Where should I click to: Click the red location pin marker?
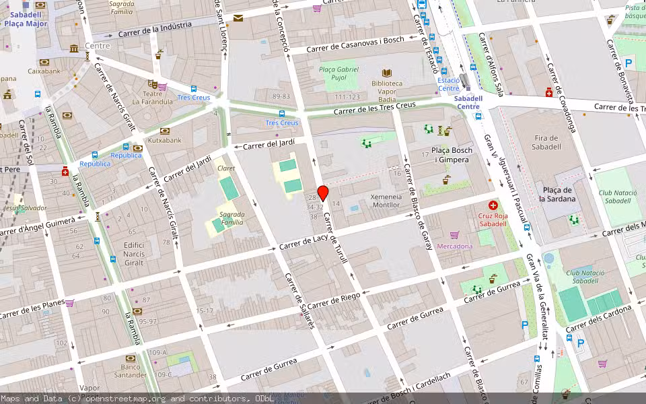[323, 193]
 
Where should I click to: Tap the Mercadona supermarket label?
[455, 246]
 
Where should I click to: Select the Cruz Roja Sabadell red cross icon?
[493, 205]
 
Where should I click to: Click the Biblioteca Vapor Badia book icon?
[387, 73]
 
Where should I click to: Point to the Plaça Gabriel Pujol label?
[338, 74]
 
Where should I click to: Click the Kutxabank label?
[165, 140]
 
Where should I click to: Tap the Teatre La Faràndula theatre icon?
[152, 84]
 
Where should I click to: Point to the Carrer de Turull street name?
[334, 238]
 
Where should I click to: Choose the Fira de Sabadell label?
[546, 142]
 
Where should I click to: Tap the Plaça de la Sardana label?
[557, 194]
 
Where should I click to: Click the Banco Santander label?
[131, 371]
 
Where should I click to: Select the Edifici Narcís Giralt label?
[133, 254]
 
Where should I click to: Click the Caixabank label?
[44, 70]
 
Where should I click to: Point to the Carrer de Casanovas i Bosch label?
[355, 44]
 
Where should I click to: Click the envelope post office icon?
[238, 18]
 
